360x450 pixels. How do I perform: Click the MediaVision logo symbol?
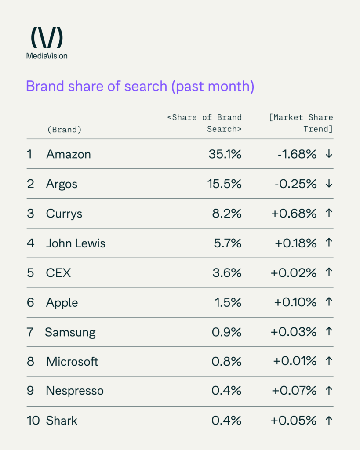coord(47,38)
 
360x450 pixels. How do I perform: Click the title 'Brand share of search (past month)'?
coord(140,86)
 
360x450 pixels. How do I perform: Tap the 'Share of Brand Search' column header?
coord(204,123)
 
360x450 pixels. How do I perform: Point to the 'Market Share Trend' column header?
coord(301,123)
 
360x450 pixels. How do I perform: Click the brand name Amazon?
coord(68,154)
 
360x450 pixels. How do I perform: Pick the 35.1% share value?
coord(224,154)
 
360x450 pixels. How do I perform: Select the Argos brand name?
coord(62,184)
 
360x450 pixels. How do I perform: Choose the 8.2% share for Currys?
coord(227,214)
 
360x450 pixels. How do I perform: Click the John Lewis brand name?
coord(76,243)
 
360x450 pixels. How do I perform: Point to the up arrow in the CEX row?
coord(328,273)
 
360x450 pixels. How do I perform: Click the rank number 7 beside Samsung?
coord(30,332)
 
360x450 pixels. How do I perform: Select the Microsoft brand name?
coord(72,361)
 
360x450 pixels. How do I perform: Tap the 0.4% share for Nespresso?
coord(227,391)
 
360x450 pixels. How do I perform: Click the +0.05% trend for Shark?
coord(294,421)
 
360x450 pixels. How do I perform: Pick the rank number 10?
coord(33,421)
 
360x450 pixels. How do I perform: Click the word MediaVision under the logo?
coord(47,56)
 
